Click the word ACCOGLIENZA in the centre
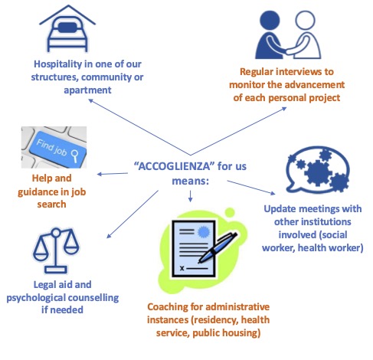174,166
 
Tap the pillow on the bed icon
67,28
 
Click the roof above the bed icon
67,15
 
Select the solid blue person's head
270,21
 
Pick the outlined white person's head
305,20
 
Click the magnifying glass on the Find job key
75,155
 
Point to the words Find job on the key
52,147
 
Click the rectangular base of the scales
56,270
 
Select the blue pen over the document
218,247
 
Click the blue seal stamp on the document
204,232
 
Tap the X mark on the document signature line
182,268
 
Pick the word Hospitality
57,64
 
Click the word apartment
87,90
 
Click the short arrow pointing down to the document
190,196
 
